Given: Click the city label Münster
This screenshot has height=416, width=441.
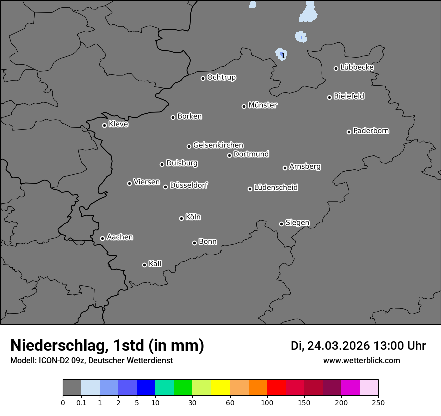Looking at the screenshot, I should click(263, 105).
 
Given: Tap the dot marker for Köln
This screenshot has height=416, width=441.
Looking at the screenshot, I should click(181, 218).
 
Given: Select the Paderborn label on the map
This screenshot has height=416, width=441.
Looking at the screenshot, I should click(371, 131).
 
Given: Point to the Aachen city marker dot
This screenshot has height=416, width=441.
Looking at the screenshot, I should click(102, 238).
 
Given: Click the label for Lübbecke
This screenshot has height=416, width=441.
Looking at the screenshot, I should click(357, 67).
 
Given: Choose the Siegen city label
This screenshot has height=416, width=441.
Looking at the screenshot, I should click(297, 223).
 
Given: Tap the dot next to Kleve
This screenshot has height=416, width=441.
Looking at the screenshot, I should click(104, 125).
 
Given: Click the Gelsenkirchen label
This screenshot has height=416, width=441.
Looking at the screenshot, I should click(218, 145).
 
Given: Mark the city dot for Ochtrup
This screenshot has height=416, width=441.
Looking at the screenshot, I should click(203, 78).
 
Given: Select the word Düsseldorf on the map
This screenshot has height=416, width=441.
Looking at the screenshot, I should click(189, 185).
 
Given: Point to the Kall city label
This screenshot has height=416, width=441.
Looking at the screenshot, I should click(155, 264).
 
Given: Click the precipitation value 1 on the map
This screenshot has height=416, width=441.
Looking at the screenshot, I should click(283, 56).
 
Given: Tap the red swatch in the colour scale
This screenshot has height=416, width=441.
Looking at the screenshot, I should click(276, 388).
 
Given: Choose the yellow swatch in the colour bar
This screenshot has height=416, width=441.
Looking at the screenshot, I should click(220, 388).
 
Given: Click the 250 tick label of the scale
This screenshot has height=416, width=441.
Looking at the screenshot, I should click(378, 402).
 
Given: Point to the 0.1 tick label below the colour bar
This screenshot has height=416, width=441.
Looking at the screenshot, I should click(81, 402).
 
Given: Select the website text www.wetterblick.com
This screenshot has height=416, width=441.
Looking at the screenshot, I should click(361, 360).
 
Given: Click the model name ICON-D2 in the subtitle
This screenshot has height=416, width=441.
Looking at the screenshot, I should click(55, 360).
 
